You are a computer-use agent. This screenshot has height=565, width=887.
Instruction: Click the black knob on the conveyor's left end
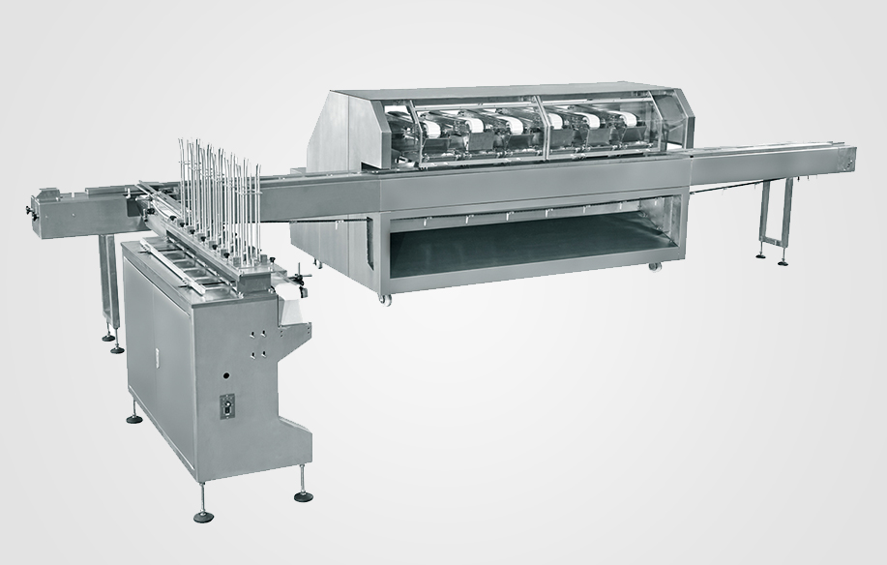26,206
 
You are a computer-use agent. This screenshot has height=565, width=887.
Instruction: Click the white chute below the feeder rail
289,311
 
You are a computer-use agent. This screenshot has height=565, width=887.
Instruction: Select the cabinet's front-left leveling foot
203,514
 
